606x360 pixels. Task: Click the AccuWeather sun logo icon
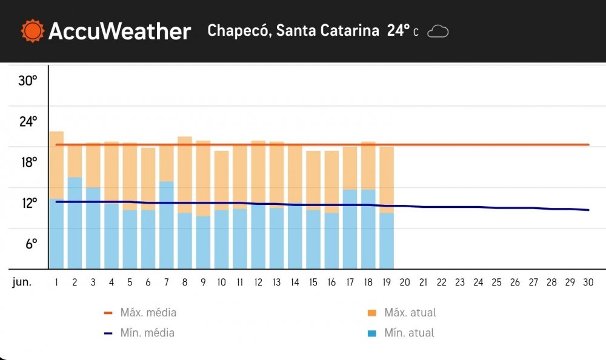click(x=32, y=30)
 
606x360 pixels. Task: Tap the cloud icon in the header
click(x=438, y=31)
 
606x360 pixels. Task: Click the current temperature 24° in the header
click(x=399, y=30)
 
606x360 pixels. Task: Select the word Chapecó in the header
click(x=238, y=30)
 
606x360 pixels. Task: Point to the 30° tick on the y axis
click(x=28, y=80)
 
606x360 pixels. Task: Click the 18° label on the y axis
click(x=28, y=162)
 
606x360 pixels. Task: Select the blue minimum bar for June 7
click(x=167, y=224)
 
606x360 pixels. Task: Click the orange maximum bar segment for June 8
click(x=185, y=175)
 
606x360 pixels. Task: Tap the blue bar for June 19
click(x=387, y=241)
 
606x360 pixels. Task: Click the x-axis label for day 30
click(x=588, y=282)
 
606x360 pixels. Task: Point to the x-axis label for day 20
click(x=405, y=282)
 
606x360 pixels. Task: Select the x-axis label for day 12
click(x=258, y=282)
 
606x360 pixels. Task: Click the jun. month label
click(x=22, y=282)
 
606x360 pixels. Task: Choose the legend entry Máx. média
click(x=148, y=313)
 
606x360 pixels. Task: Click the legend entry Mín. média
click(x=147, y=332)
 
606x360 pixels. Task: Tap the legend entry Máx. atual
click(x=410, y=313)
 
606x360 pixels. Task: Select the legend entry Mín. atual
click(x=408, y=332)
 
